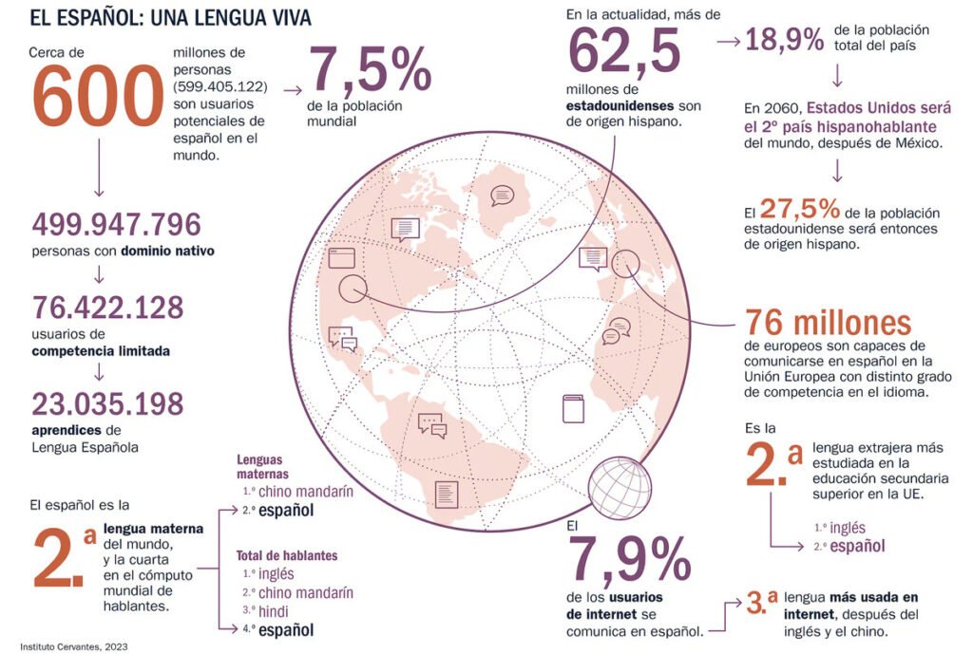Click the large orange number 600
(98, 97)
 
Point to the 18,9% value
(784, 40)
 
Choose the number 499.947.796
(117, 225)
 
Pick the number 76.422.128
(107, 308)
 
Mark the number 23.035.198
(107, 403)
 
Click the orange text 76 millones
(828, 322)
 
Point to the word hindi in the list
(274, 611)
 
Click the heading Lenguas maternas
(262, 467)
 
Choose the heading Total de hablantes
(286, 555)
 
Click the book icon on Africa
(573, 409)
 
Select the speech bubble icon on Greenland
(502, 196)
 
